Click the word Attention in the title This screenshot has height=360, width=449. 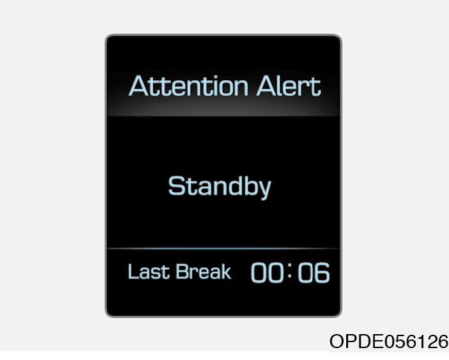(x=189, y=86)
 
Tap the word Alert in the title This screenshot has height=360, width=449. (x=289, y=86)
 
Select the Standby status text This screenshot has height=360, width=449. (x=220, y=187)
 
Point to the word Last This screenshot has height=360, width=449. (x=149, y=271)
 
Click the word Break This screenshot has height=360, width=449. (x=204, y=271)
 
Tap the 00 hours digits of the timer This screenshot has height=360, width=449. (x=267, y=272)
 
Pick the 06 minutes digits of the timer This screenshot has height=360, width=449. (x=314, y=272)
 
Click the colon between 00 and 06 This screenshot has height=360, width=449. (x=290, y=270)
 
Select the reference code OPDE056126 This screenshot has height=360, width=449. (x=389, y=341)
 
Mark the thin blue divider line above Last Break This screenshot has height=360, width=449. (x=224, y=249)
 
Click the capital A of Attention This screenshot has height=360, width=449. (x=140, y=86)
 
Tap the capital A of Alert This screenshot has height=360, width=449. (x=267, y=86)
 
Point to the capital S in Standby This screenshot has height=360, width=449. (x=176, y=186)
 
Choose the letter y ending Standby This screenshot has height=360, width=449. (x=265, y=189)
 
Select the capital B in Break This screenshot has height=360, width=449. (x=182, y=271)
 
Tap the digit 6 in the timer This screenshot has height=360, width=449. (x=322, y=272)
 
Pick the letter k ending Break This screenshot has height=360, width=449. (x=225, y=271)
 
